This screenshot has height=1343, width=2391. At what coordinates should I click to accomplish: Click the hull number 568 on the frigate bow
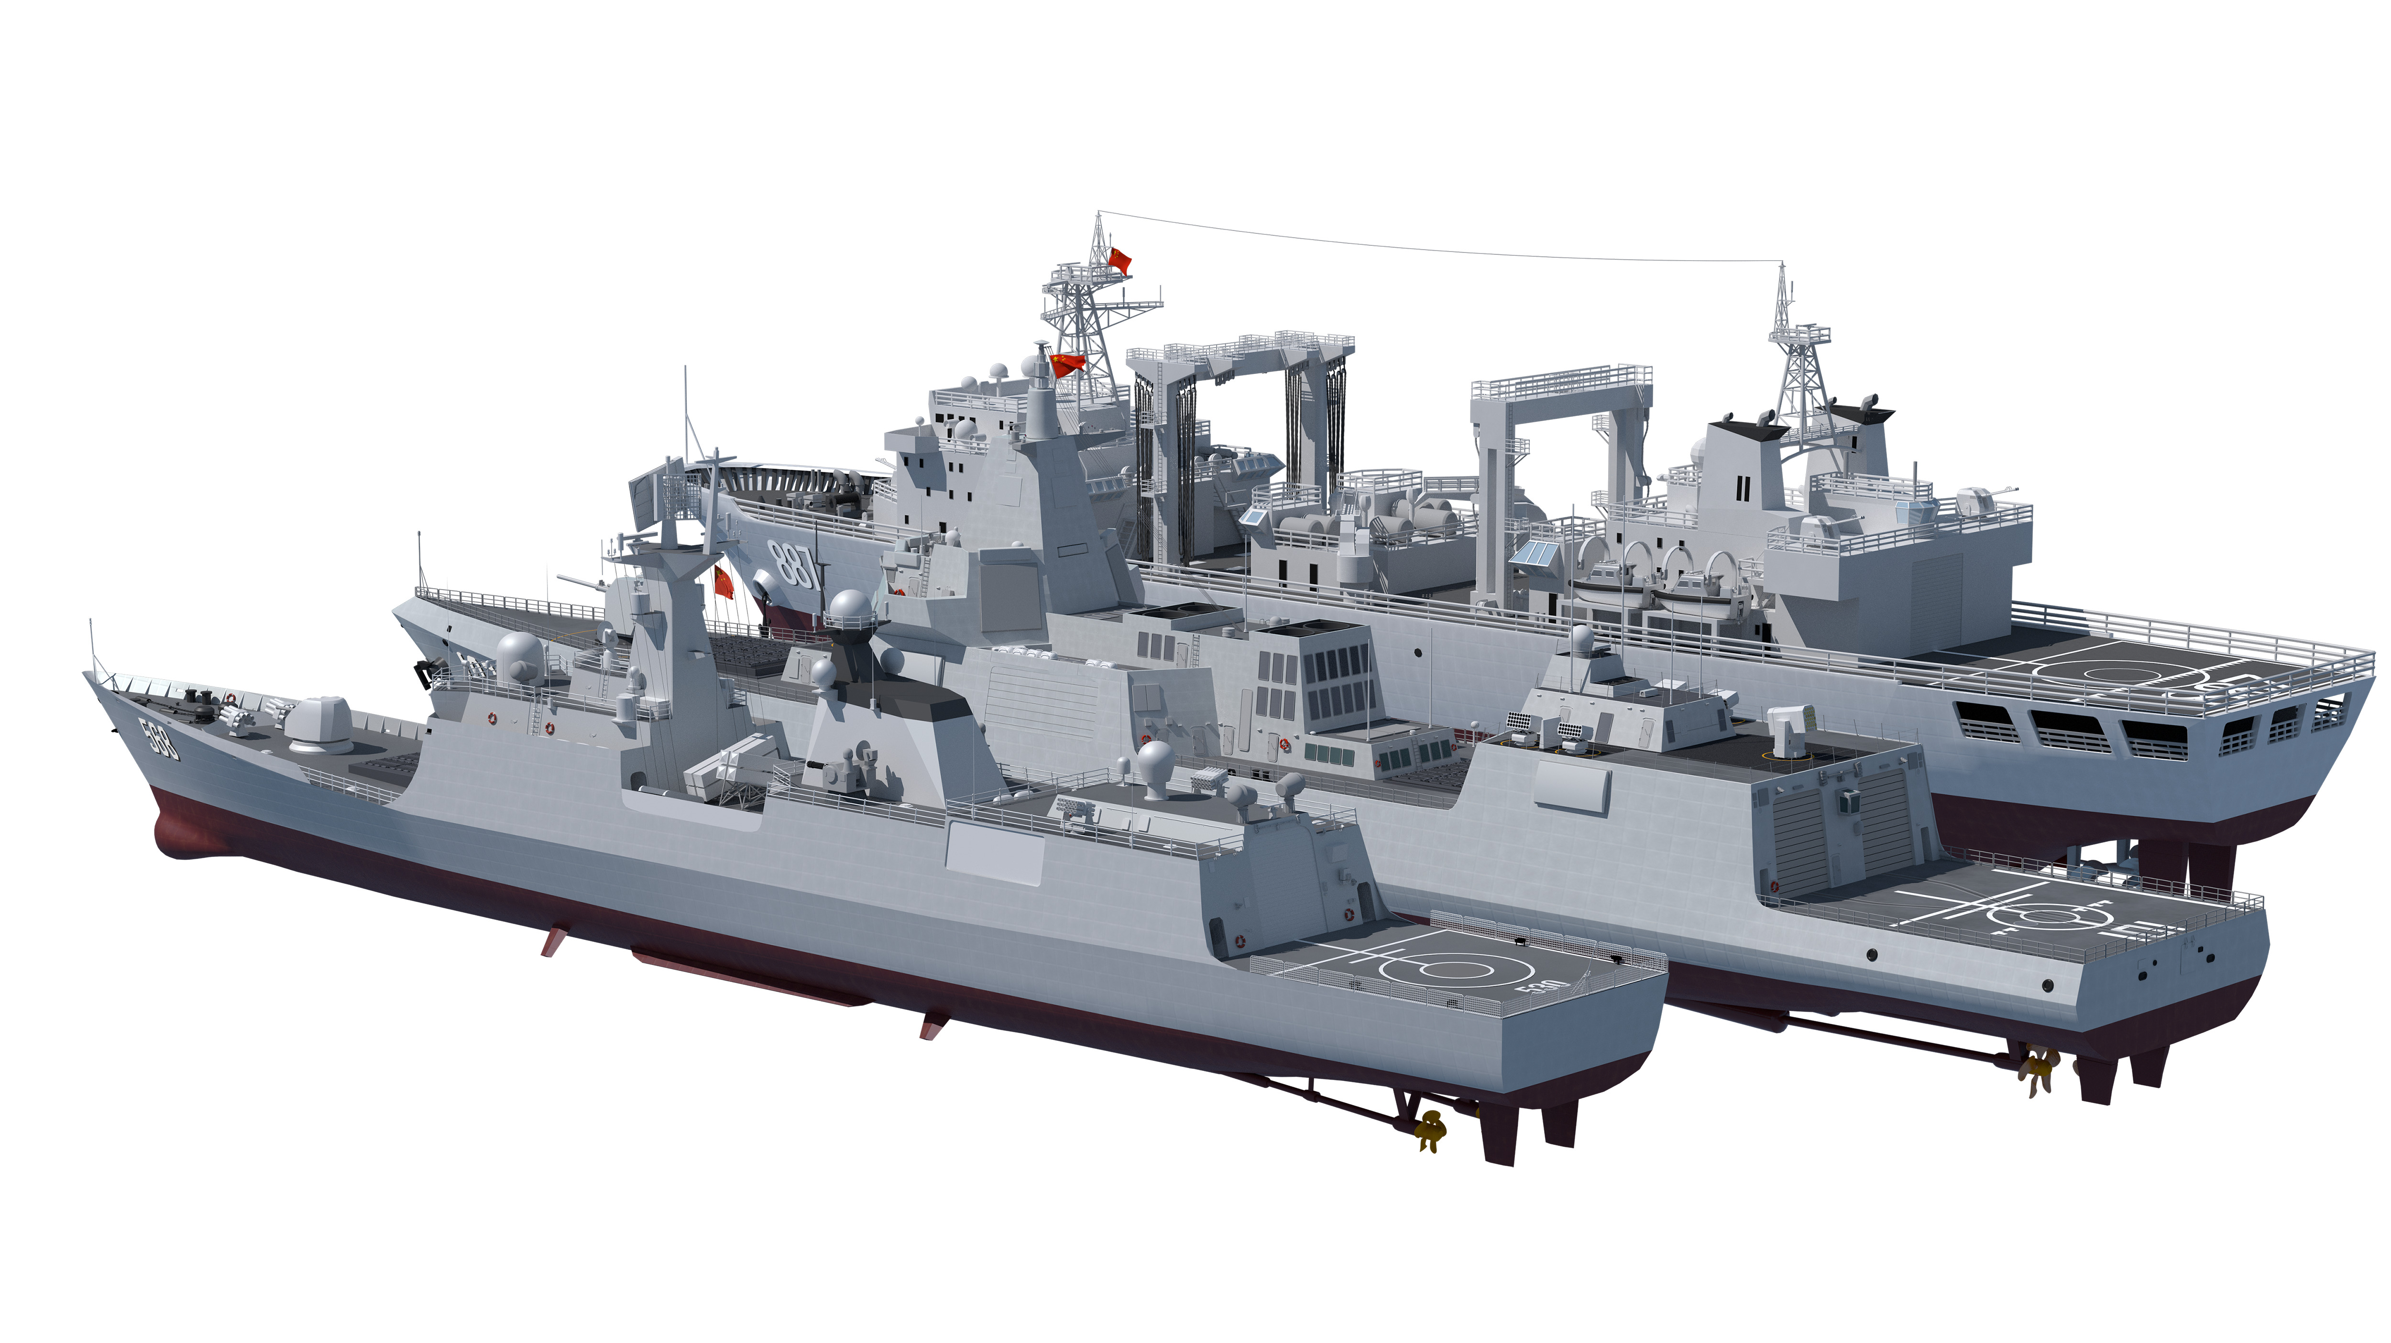click(160, 738)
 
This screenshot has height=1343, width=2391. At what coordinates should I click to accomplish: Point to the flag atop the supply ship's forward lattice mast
click(1120, 260)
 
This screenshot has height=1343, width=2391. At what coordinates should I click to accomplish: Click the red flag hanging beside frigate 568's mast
click(723, 582)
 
